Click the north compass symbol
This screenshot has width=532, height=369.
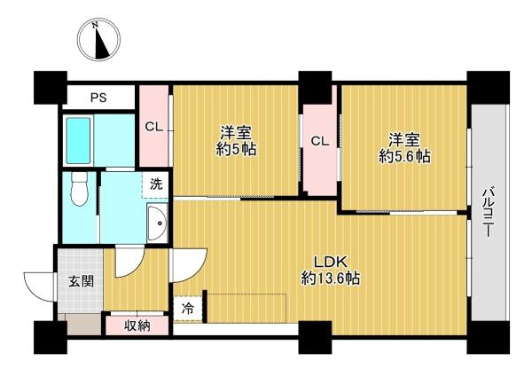click(x=98, y=41)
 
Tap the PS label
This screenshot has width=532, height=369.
click(x=98, y=98)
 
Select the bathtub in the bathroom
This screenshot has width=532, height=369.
click(x=78, y=140)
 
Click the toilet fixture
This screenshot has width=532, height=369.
click(x=80, y=188)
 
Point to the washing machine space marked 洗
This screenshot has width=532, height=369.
click(x=156, y=185)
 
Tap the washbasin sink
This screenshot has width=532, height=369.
click(x=157, y=223)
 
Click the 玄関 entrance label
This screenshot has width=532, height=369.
click(x=81, y=281)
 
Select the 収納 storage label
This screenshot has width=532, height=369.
click(x=137, y=326)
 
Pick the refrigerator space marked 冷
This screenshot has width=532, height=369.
click(x=188, y=310)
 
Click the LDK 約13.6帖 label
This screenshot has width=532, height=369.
click(x=331, y=271)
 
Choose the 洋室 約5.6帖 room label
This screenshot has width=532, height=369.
click(x=404, y=148)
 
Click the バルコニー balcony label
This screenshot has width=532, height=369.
click(x=489, y=211)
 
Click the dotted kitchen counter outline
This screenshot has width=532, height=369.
click(x=247, y=308)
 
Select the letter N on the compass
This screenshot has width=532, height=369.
click(x=96, y=25)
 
